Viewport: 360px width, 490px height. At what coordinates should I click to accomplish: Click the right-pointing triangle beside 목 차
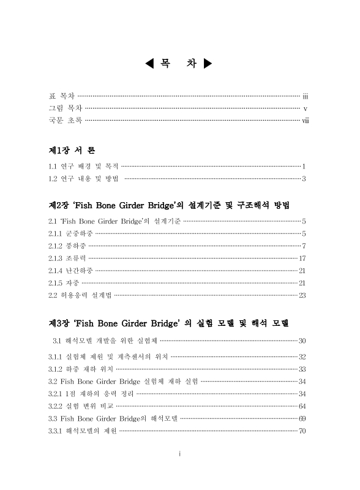(x=208, y=63)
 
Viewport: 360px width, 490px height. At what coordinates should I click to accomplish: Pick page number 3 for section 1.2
(x=304, y=179)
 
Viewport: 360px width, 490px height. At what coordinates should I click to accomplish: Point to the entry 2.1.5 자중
(x=64, y=282)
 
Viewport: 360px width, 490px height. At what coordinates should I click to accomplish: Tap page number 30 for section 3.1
(x=302, y=340)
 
